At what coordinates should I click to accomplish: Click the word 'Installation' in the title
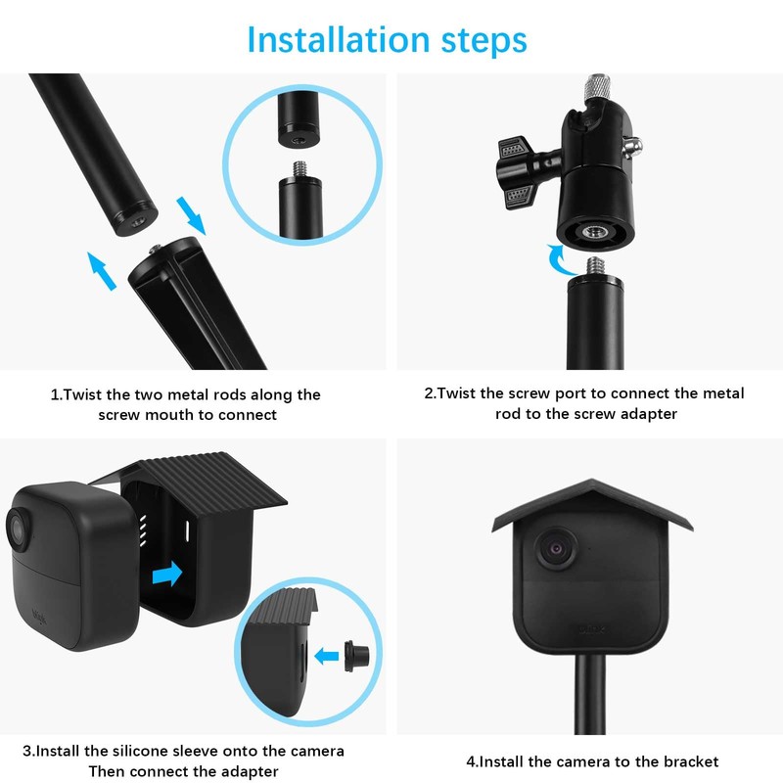click(x=339, y=39)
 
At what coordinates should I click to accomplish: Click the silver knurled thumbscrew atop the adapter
click(x=598, y=86)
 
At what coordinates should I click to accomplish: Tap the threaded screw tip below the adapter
click(x=595, y=267)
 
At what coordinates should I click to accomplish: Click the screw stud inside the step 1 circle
click(x=300, y=168)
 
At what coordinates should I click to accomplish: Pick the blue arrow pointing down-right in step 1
click(x=191, y=215)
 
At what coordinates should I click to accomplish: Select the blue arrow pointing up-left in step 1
click(x=102, y=271)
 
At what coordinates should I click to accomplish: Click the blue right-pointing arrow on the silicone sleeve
click(x=167, y=574)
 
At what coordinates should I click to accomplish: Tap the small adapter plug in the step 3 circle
click(x=356, y=656)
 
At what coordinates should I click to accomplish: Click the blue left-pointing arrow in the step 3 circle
click(x=327, y=656)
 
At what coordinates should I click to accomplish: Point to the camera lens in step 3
click(x=19, y=530)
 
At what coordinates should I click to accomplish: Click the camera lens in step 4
click(x=556, y=549)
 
